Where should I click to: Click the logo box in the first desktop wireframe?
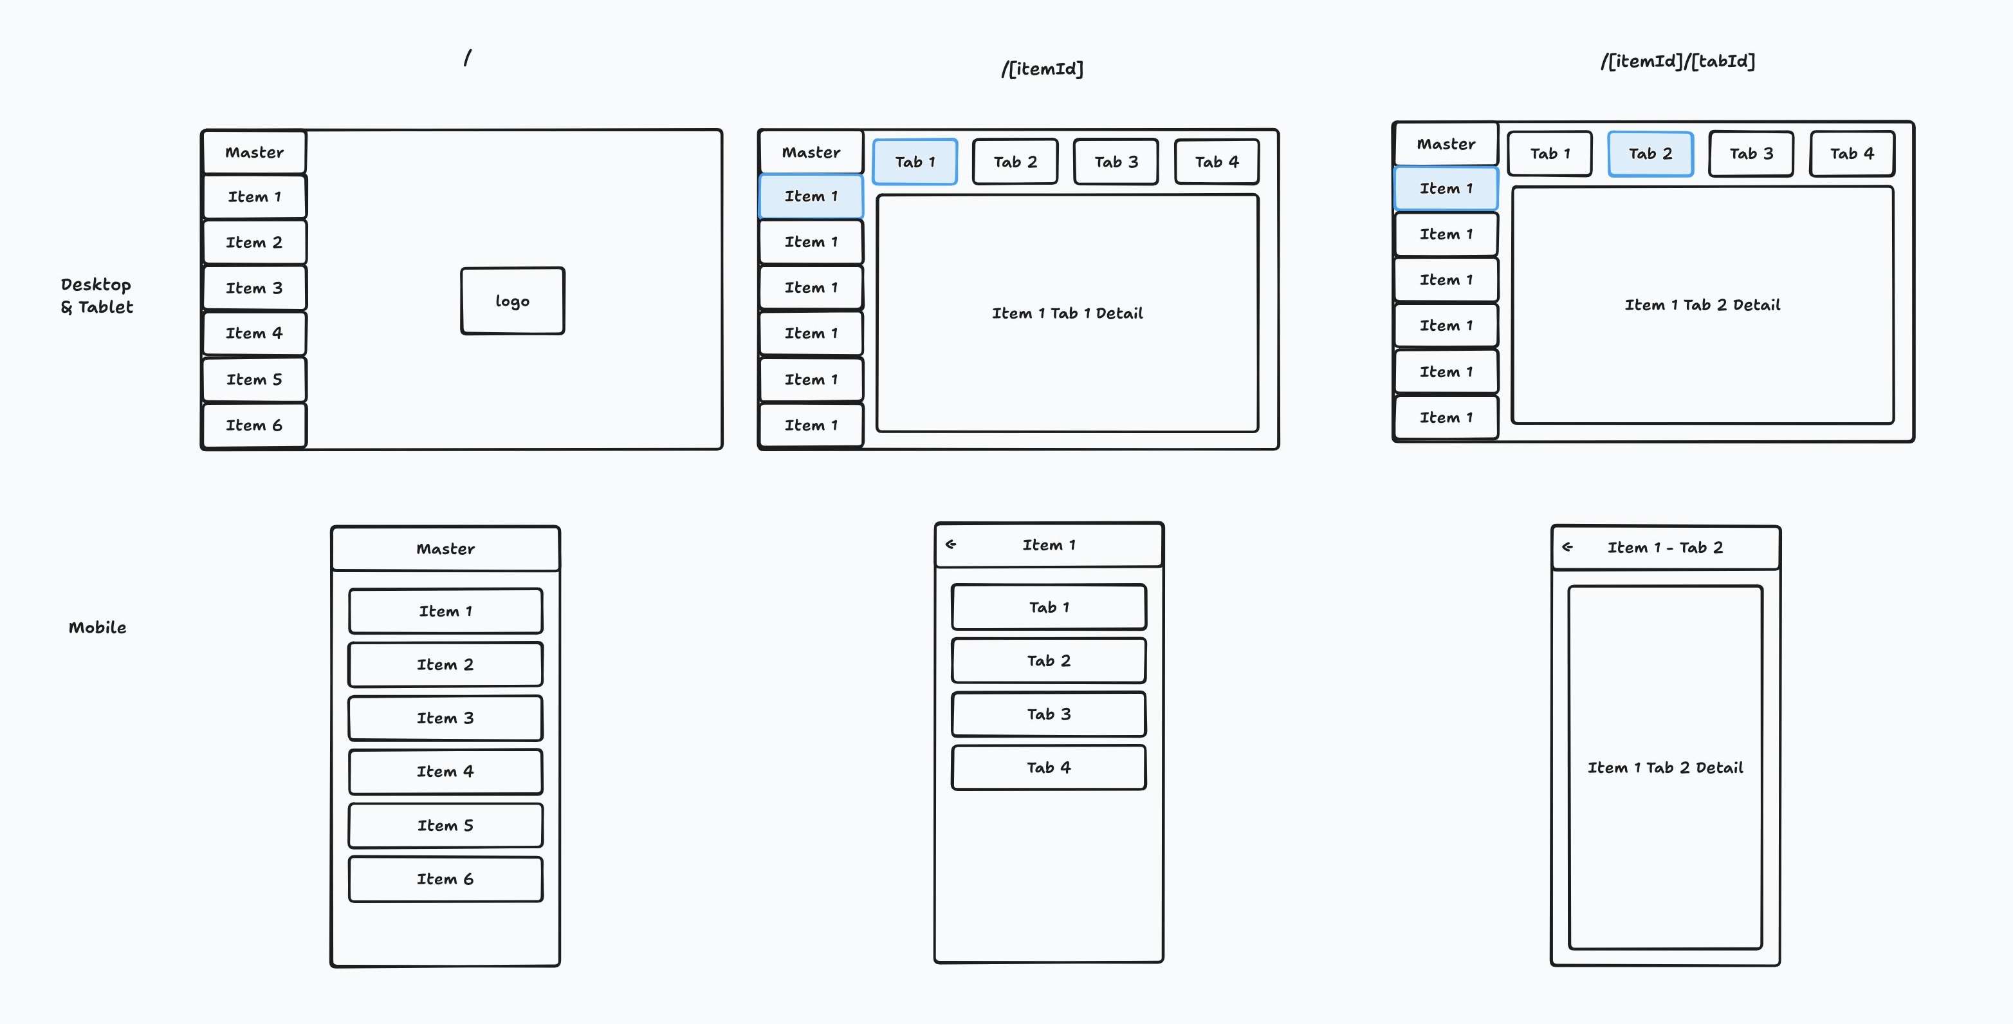(513, 301)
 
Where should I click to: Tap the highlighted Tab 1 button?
(914, 162)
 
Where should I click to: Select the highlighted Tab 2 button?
(1650, 154)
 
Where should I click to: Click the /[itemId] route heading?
(1042, 69)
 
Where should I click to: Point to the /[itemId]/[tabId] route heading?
(1678, 61)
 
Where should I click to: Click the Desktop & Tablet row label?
(97, 295)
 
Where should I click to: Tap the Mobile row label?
(97, 627)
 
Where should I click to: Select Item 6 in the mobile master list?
(445, 879)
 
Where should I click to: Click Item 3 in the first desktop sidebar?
(254, 288)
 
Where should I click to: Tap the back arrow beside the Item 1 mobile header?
(951, 544)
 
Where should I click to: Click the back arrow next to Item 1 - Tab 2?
(1567, 547)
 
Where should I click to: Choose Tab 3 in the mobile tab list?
(1049, 714)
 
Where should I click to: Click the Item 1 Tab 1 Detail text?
(1067, 313)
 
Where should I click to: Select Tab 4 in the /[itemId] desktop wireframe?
(1217, 162)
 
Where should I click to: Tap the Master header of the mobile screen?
(445, 549)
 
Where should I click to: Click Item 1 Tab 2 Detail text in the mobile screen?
(1665, 768)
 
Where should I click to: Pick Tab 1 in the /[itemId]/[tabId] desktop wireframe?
(1550, 154)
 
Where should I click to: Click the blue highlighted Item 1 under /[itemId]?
(811, 196)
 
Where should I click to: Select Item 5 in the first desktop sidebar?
(254, 379)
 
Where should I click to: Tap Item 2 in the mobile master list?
(445, 664)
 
